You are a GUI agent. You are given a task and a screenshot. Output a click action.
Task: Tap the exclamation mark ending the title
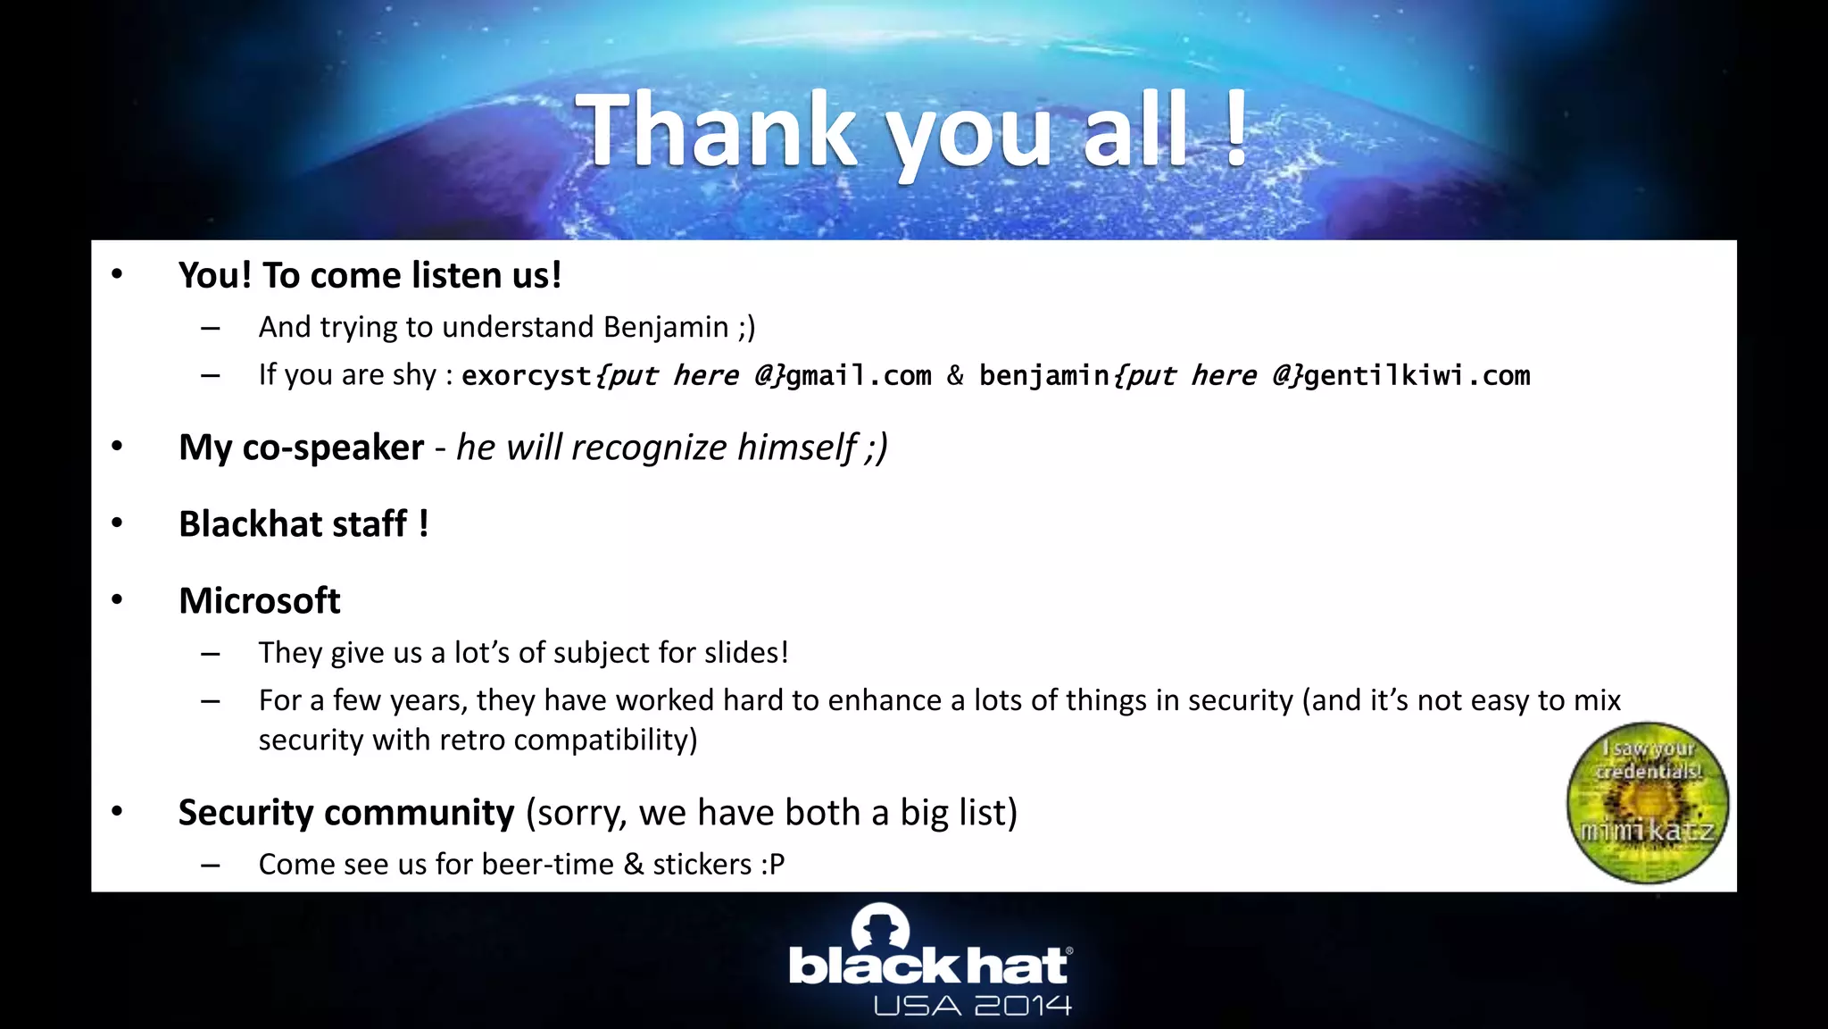coord(1236,130)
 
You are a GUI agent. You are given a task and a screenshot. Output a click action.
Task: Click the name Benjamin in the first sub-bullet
coord(666,327)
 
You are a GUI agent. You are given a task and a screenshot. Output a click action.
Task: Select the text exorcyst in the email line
coord(527,375)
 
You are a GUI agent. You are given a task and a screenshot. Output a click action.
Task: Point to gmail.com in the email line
coord(858,375)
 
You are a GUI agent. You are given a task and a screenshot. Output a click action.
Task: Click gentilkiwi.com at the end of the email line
coord(1417,375)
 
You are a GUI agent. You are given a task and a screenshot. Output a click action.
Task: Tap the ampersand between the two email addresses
coord(955,375)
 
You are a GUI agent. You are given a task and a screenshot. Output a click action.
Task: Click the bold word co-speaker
coord(333,448)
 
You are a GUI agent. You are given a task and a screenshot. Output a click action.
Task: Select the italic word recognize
coord(649,448)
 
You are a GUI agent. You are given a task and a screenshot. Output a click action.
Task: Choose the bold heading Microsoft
coord(259,601)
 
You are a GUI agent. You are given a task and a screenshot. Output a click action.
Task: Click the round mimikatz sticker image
coord(1647,803)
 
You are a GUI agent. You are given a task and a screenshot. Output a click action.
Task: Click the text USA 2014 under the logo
coord(972,1007)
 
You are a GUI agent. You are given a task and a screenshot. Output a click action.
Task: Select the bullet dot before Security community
coord(117,811)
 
